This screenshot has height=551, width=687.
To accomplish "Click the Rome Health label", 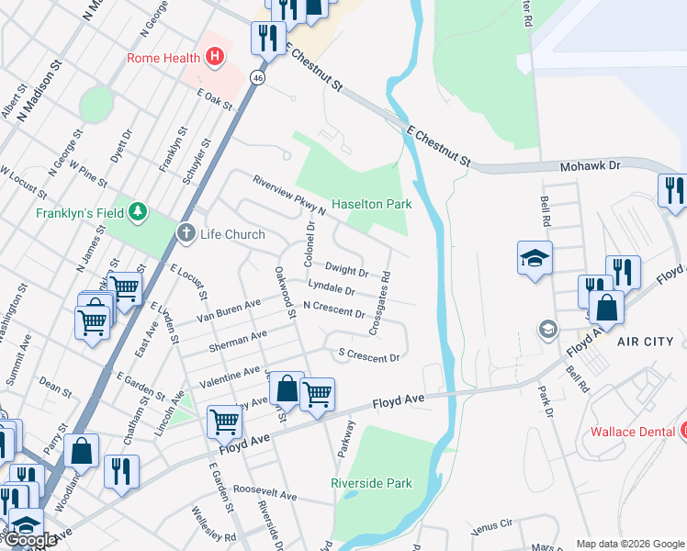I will pos(164,58).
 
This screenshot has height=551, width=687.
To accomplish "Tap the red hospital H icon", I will pos(214,58).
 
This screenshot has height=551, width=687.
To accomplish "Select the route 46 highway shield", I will pos(260,80).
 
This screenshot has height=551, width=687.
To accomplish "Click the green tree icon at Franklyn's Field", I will pos(138,212).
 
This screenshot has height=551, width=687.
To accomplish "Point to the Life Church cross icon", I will pos(186,233).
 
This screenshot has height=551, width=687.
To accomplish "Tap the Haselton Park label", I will pos(371,204).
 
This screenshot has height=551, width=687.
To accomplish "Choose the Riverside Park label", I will pos(371,482).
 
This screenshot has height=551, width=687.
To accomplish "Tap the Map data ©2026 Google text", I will pos(630,544).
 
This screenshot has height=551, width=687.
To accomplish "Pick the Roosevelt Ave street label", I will pos(265,494).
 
